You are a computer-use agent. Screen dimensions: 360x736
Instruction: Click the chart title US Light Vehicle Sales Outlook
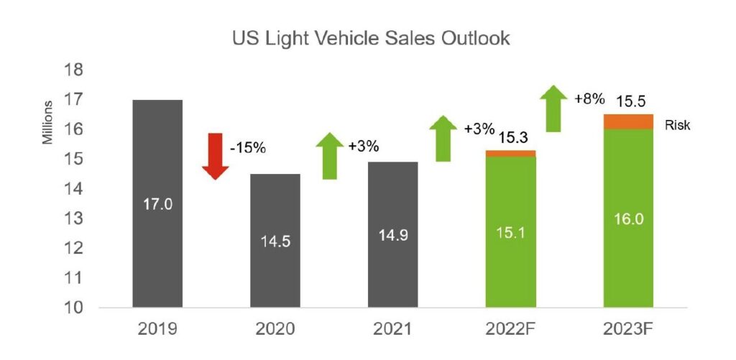click(x=371, y=39)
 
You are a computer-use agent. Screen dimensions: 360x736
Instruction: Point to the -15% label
click(x=248, y=149)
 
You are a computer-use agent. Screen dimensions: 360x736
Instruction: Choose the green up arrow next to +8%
click(x=553, y=108)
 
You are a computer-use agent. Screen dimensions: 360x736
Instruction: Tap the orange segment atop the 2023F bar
click(x=629, y=121)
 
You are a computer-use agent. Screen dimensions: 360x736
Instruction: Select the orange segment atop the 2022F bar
click(x=511, y=153)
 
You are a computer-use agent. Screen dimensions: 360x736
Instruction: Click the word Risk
click(x=678, y=126)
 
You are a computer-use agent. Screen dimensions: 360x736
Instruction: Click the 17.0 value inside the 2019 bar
click(x=157, y=205)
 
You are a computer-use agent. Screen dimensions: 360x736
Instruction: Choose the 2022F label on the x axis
click(x=511, y=331)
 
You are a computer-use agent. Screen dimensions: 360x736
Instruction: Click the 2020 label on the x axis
click(x=275, y=331)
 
